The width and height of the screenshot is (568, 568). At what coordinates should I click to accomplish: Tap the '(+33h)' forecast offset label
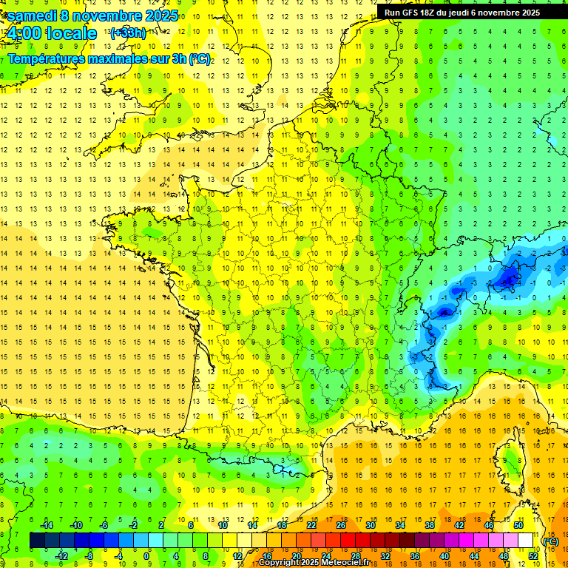pos(127,33)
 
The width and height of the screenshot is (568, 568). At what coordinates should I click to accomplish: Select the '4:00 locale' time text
pos(50,33)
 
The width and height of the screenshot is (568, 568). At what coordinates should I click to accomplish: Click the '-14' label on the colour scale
pos(46,525)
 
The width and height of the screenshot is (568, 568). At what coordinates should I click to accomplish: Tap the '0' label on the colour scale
pos(146,556)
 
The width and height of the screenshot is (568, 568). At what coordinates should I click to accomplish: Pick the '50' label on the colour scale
pos(518,525)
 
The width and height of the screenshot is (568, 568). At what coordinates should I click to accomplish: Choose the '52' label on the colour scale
pos(532,556)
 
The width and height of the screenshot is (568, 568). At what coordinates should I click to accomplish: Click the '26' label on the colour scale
pos(341,525)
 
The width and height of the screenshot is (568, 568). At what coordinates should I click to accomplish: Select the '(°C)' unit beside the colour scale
pos(550,541)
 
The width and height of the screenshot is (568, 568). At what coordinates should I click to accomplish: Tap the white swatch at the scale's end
pos(525,541)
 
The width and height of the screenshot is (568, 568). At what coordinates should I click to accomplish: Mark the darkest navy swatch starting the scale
pos(38,541)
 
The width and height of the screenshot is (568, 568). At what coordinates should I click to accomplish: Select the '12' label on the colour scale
pos(237,556)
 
